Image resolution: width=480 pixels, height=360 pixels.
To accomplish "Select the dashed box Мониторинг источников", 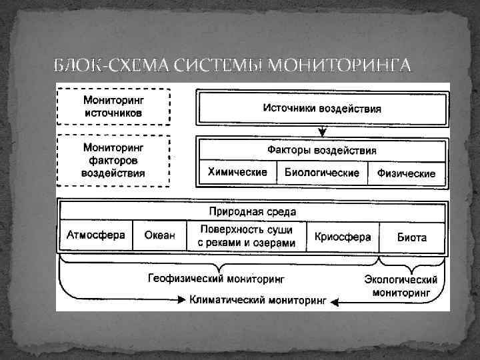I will (x=113, y=107).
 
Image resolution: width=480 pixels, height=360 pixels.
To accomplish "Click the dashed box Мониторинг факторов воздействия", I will (x=113, y=159).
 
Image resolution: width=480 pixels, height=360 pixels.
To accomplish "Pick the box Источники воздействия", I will (x=321, y=107).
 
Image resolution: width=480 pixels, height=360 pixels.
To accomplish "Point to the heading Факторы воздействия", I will (x=321, y=150).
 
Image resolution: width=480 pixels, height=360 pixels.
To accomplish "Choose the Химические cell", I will (x=237, y=172).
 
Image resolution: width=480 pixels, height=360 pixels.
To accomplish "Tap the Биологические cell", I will (x=321, y=173).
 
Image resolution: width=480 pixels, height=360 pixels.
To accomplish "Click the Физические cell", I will (x=406, y=173).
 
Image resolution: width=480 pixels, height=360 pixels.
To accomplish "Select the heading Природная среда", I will (x=253, y=211).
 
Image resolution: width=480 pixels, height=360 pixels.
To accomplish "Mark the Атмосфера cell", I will (x=95, y=235).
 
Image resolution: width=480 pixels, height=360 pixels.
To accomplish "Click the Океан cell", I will (x=159, y=236).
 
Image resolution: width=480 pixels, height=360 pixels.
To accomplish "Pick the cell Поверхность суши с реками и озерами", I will (x=246, y=236).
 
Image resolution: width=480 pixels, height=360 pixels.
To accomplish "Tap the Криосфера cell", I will (x=342, y=237).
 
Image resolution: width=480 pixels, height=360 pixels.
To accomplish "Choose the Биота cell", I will (x=412, y=237).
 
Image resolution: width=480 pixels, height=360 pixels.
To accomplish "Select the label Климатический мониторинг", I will (x=257, y=301).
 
